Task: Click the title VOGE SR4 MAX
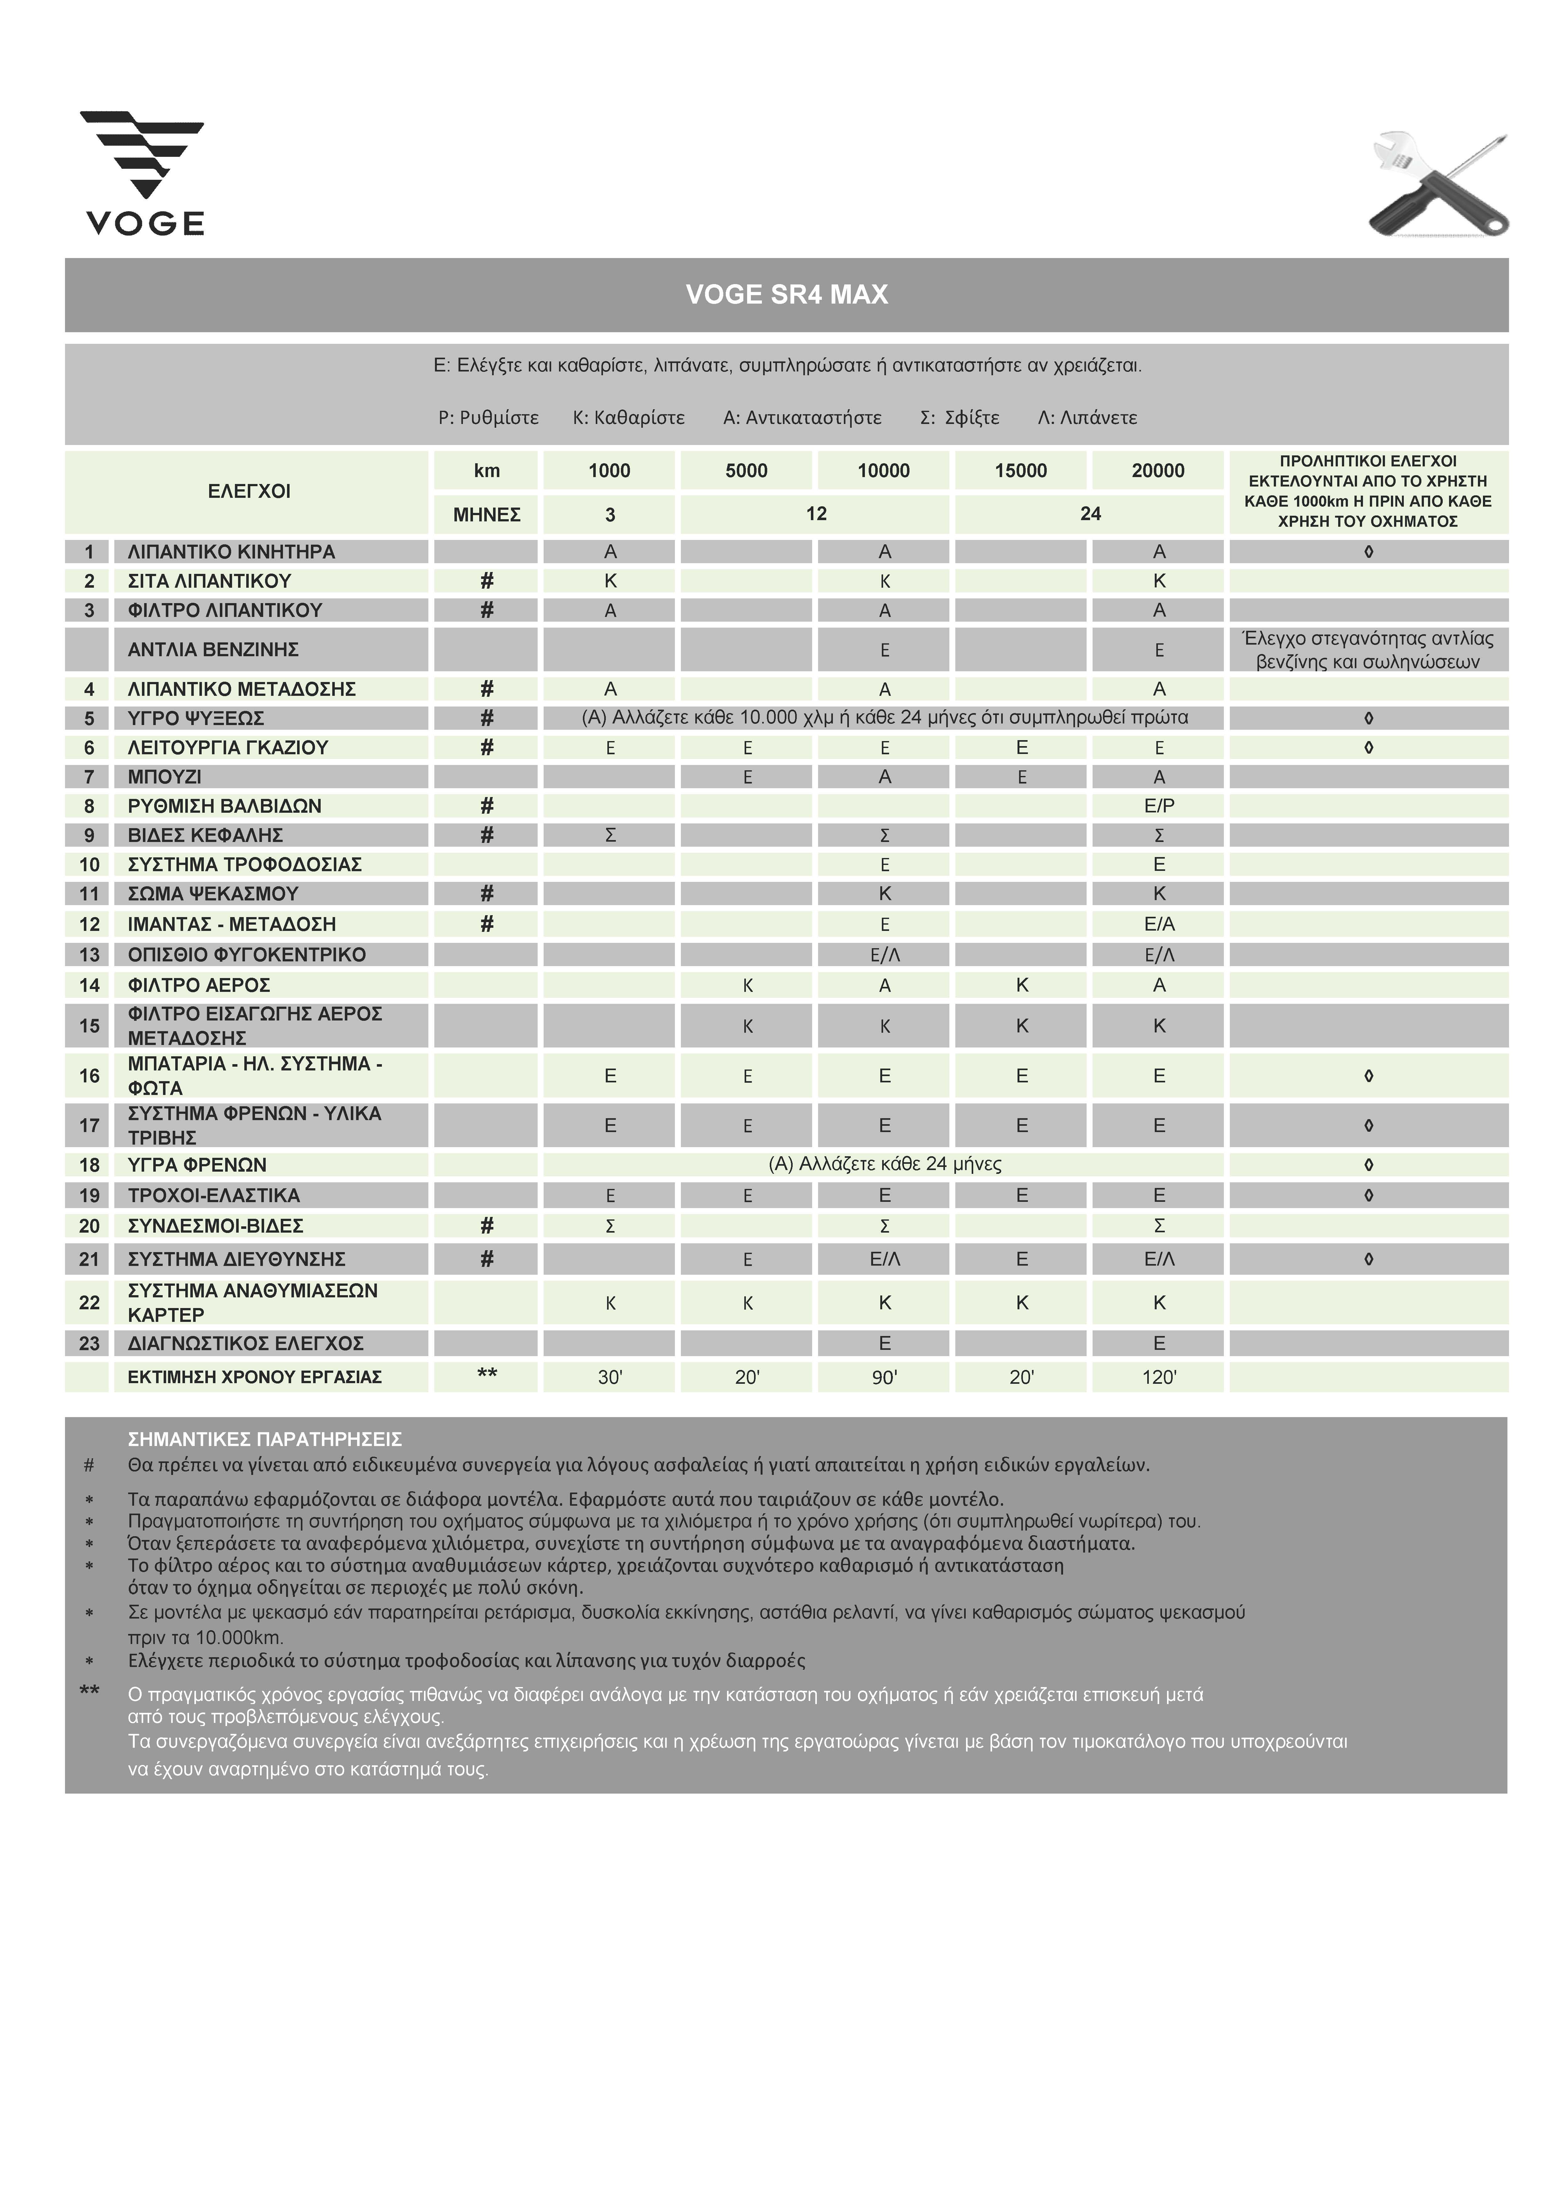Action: tap(786, 295)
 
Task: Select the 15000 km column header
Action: tap(1020, 470)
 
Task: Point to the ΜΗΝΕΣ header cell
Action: tap(487, 515)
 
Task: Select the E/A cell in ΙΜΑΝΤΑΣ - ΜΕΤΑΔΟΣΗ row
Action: tap(1159, 924)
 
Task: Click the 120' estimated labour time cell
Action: tap(1159, 1377)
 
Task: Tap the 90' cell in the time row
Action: tap(884, 1377)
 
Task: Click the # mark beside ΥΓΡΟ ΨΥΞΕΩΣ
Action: tap(487, 718)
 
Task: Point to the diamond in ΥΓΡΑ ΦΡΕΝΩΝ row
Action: tap(1368, 1165)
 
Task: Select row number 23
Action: tap(89, 1344)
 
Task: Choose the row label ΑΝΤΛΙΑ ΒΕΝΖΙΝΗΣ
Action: tap(213, 650)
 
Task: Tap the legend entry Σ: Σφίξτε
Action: tap(959, 418)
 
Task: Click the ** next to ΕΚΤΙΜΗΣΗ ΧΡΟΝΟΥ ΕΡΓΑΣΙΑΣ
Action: tap(487, 1375)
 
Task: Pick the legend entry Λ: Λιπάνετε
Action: tap(1088, 418)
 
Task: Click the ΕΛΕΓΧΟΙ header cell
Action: tap(249, 492)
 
